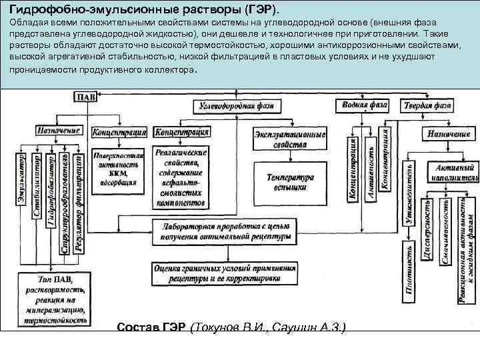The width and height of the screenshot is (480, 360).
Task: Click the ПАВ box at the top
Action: [x=87, y=97]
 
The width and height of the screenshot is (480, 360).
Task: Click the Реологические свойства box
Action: [x=179, y=177]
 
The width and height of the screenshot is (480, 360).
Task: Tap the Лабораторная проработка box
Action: [x=222, y=231]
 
